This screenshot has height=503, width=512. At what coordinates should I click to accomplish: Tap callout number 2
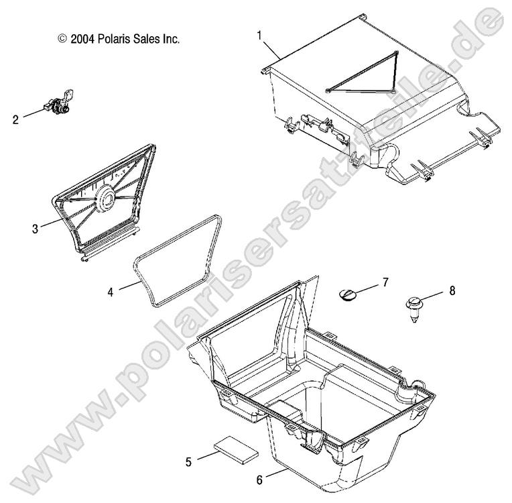pos(15,120)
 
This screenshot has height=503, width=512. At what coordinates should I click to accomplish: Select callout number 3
pos(35,228)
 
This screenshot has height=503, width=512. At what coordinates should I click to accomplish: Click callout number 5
pos(188,461)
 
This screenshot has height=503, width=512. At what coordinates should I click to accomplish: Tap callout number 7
pos(385,282)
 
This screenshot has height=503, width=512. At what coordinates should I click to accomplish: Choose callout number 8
pos(451,291)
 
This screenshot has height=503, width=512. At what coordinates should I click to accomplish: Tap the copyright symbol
pos(62,40)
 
